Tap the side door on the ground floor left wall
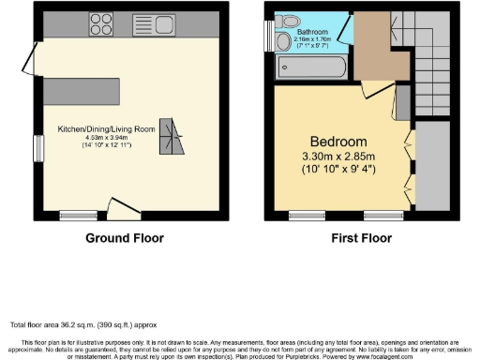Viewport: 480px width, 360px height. pyautogui.click(x=31, y=58)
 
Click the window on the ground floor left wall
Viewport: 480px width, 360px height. pyautogui.click(x=38, y=148)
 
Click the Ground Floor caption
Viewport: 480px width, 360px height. pyautogui.click(x=125, y=238)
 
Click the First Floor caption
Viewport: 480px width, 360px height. pyautogui.click(x=361, y=238)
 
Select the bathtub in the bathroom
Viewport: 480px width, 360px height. pyautogui.click(x=313, y=67)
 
